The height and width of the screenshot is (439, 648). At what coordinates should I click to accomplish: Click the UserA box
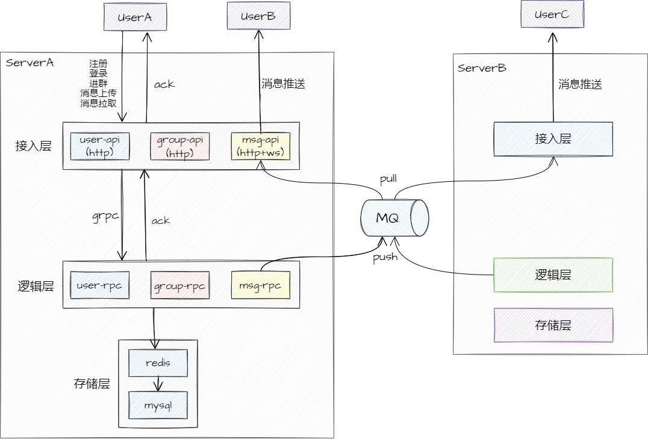pyautogui.click(x=134, y=17)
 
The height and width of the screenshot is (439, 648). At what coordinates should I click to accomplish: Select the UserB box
pyautogui.click(x=258, y=16)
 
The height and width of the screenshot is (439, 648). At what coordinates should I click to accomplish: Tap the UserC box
pyautogui.click(x=552, y=15)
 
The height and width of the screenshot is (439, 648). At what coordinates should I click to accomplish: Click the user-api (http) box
pyautogui.click(x=100, y=146)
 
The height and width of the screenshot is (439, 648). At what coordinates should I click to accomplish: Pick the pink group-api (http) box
pyautogui.click(x=179, y=146)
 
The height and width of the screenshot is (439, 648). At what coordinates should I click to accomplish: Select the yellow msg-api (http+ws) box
pyautogui.click(x=260, y=146)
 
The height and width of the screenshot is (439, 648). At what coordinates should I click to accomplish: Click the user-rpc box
pyautogui.click(x=100, y=285)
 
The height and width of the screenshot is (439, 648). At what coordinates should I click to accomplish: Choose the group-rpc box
pyautogui.click(x=179, y=286)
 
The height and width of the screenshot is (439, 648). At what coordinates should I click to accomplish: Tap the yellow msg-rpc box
pyautogui.click(x=260, y=285)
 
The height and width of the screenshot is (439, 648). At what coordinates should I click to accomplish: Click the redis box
pyautogui.click(x=158, y=363)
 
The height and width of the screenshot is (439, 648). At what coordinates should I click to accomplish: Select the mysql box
pyautogui.click(x=158, y=405)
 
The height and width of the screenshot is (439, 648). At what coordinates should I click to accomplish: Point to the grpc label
pyautogui.click(x=104, y=217)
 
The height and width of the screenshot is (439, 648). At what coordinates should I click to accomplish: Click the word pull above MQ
pyautogui.click(x=388, y=179)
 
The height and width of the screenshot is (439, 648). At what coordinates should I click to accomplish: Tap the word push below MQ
pyautogui.click(x=385, y=257)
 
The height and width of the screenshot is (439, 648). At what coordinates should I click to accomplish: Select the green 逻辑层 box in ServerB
pyautogui.click(x=553, y=275)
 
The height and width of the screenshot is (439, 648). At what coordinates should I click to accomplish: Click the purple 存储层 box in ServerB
pyautogui.click(x=553, y=325)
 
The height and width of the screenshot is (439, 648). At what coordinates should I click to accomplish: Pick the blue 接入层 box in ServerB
pyautogui.click(x=553, y=139)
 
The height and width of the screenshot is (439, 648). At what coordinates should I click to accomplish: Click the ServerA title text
pyautogui.click(x=30, y=63)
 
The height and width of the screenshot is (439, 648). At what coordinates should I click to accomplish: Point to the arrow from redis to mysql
pyautogui.click(x=158, y=384)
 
